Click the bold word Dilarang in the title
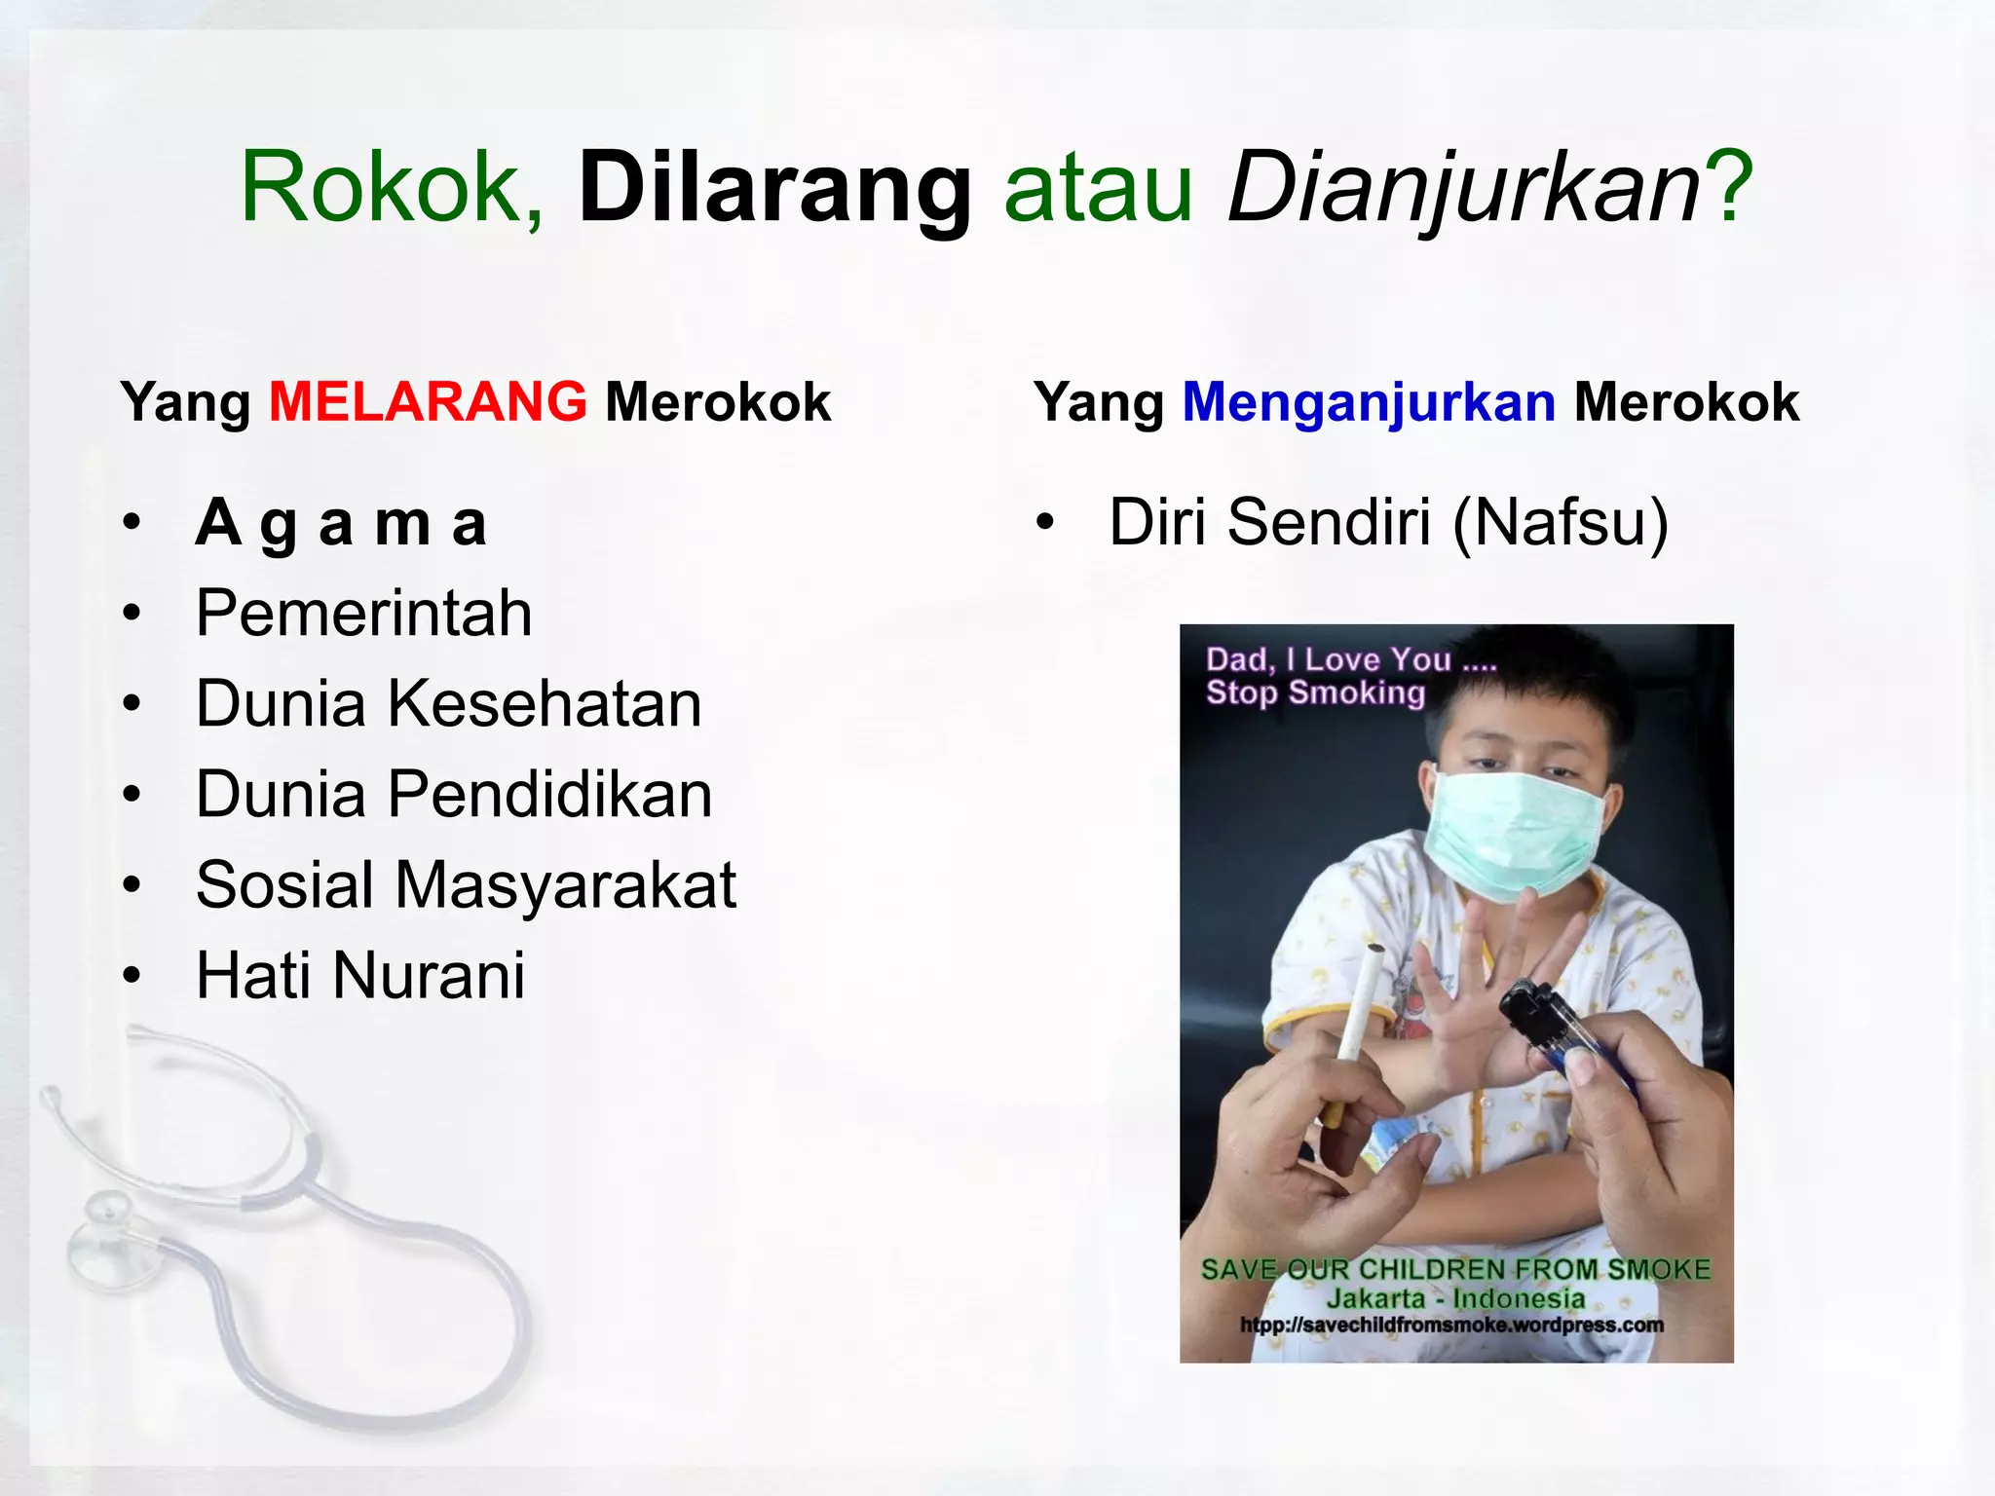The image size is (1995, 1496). coord(774,187)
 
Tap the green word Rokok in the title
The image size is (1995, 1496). coord(381,187)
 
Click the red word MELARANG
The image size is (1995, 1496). coord(428,401)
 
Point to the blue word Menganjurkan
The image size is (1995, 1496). coord(1369,401)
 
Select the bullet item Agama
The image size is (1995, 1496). coord(341,523)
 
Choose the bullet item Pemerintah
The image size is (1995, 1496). coord(363,614)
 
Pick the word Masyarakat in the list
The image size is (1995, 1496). coord(565,884)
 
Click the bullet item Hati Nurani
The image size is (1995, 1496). coord(360,975)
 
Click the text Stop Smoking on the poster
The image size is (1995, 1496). coord(1315,692)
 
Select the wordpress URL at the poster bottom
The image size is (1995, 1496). coord(1451,1325)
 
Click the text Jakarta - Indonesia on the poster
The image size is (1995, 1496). coord(1455,1298)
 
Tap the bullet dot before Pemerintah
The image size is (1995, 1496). coord(132,614)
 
